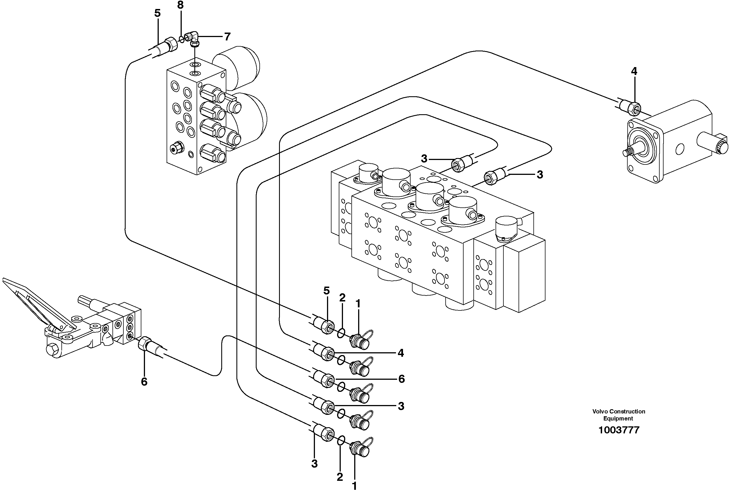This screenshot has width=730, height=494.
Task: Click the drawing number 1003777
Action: point(618,430)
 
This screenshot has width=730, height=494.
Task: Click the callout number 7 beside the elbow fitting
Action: point(227,36)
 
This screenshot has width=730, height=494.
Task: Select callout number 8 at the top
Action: point(180,5)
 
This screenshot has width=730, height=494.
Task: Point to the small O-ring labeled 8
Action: point(181,39)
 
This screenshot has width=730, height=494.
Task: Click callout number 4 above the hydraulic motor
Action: point(634,71)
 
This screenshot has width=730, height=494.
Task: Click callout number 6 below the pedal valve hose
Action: point(144,382)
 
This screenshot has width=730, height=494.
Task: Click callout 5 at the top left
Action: point(157,13)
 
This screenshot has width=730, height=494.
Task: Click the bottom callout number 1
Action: point(354,486)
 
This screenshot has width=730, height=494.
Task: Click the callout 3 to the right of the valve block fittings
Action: point(540,175)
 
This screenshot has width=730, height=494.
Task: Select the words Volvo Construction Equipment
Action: point(618,415)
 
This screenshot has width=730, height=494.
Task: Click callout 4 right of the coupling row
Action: point(400,353)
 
